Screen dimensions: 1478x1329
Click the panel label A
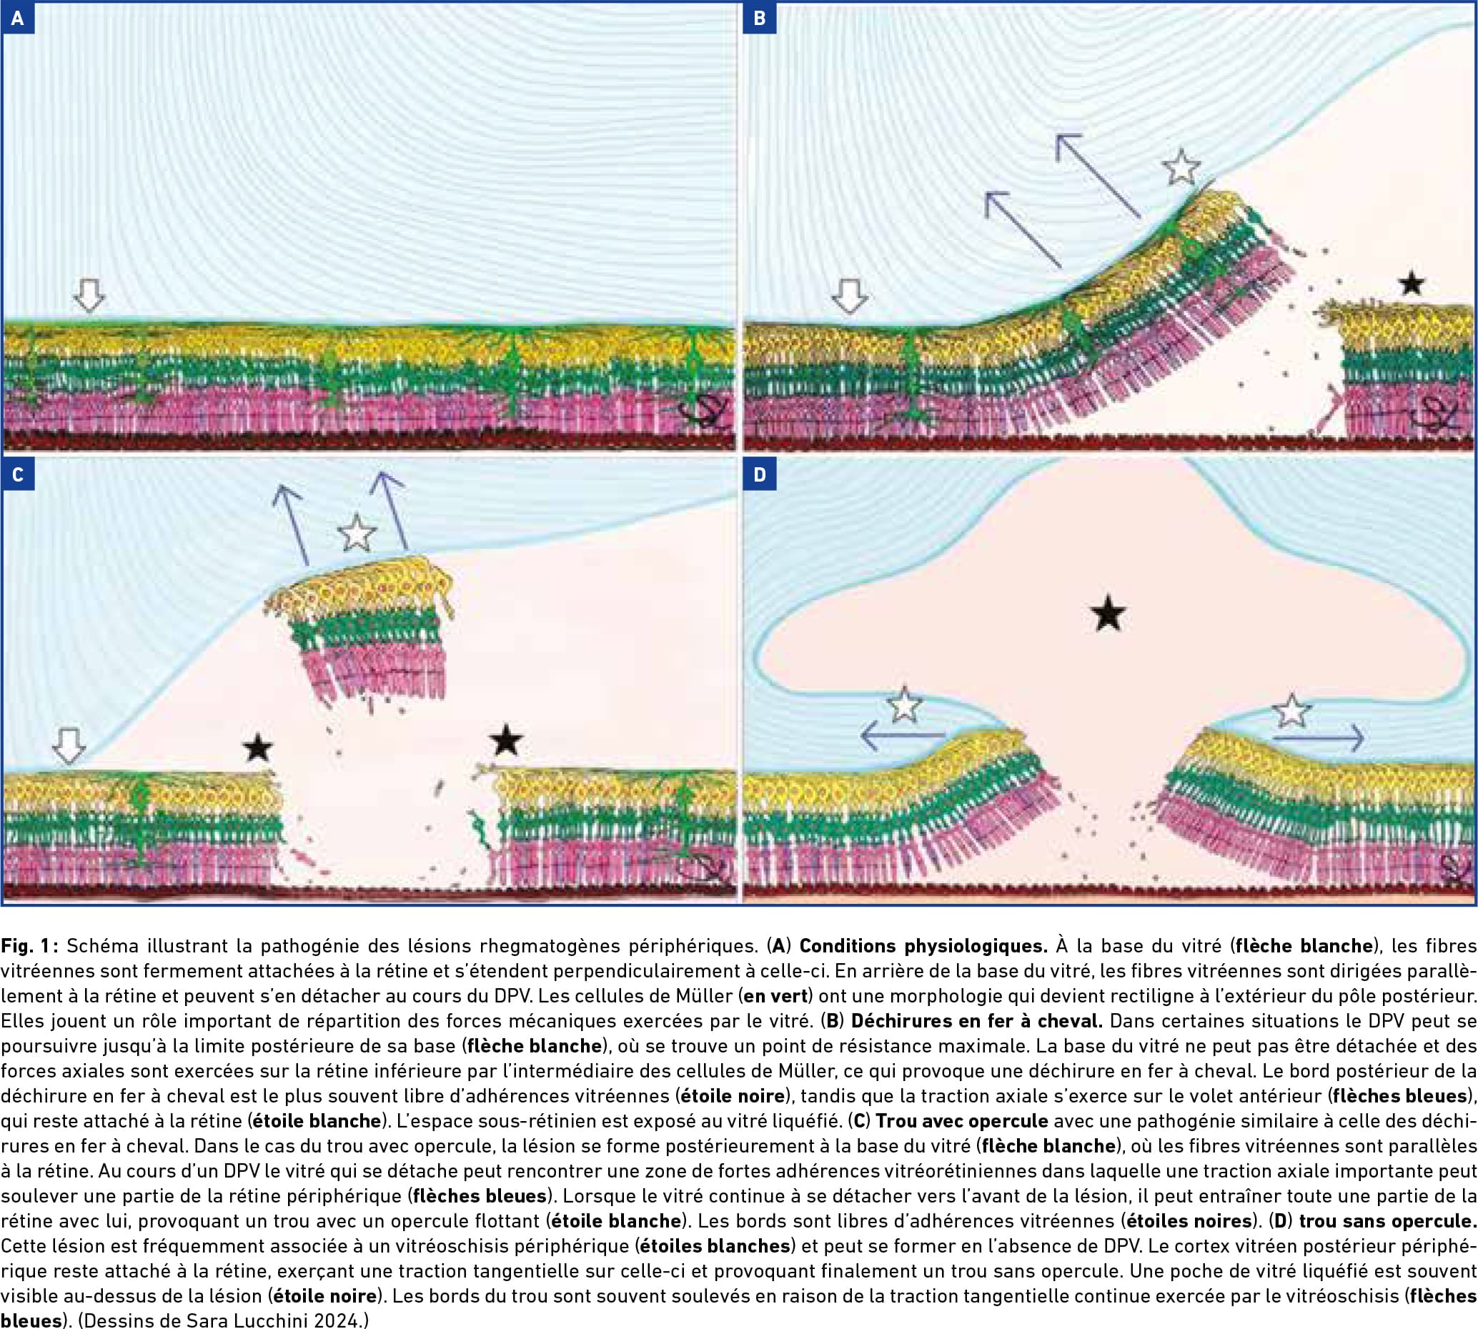pos(18,19)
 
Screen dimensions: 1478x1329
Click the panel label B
pos(760,19)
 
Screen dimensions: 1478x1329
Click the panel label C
pos(18,474)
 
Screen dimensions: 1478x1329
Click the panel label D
pos(760,474)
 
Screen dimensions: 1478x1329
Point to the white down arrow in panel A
pos(89,295)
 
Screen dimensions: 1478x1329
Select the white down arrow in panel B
pos(849,297)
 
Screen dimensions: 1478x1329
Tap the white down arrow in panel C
pos(69,745)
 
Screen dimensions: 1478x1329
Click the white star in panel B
pos(1181,167)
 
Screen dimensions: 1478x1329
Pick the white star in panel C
pos(357,533)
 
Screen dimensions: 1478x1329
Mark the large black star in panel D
pos(1108,612)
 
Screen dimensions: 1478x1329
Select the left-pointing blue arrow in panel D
pos(903,735)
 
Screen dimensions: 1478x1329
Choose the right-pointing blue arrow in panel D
pos(1318,738)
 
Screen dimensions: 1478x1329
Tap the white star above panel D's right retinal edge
pos(1291,711)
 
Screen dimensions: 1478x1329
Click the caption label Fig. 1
pos(28,945)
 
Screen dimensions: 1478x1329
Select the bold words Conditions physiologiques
pos(923,945)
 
